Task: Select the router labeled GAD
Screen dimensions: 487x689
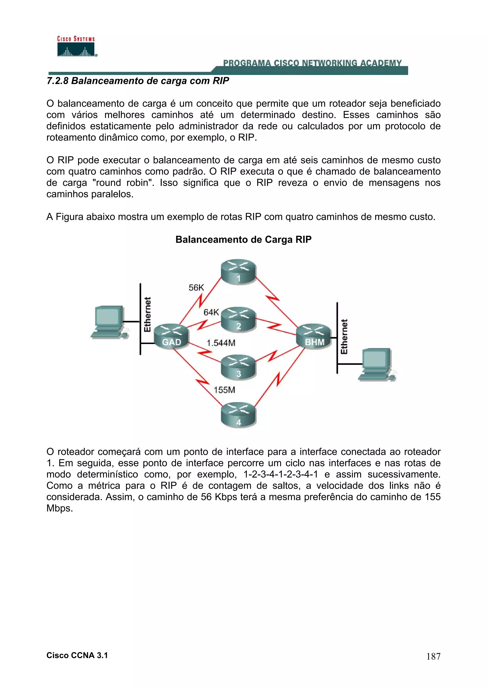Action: tap(171, 336)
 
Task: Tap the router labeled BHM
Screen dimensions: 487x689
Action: tap(314, 336)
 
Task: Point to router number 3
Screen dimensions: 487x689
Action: tap(239, 367)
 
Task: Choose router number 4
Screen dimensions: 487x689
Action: tap(239, 416)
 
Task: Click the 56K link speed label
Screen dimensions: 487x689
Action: tap(196, 288)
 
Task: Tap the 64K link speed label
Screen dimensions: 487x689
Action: tap(211, 312)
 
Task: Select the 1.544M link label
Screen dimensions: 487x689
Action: tap(221, 343)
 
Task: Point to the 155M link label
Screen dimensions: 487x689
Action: tap(224, 390)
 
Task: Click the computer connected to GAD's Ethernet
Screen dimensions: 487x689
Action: tap(109, 322)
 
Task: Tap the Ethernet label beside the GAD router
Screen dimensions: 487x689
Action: tap(147, 315)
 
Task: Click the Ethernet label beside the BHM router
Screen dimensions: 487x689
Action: tap(344, 337)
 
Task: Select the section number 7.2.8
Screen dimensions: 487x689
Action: tap(58, 81)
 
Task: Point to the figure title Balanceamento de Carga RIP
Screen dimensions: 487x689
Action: tap(243, 239)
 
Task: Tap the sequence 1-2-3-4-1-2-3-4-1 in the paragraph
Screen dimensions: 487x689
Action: tap(280, 475)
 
